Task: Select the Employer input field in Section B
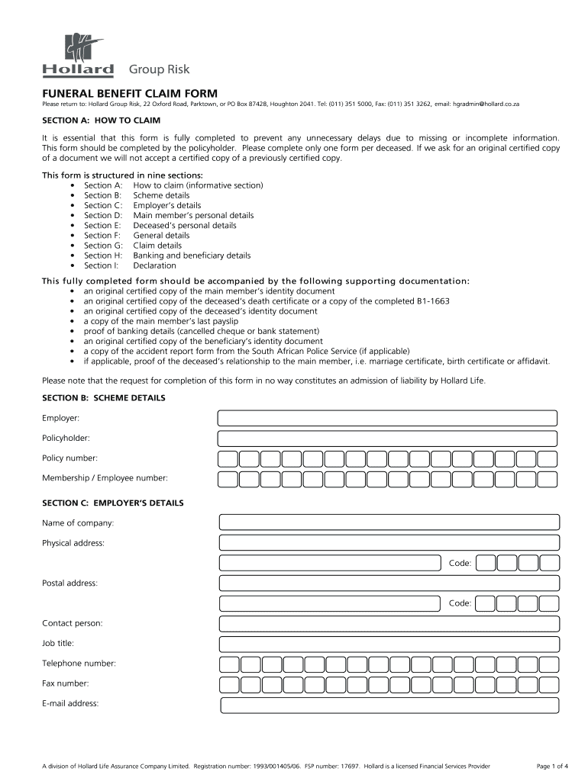tap(387, 418)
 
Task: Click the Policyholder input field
tap(387, 439)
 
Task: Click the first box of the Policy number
tap(227, 459)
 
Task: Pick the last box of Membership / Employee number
tap(547, 479)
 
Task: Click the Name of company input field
tap(389, 522)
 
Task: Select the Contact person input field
tap(389, 624)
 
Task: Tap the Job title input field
tap(389, 644)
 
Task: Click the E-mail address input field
tap(389, 705)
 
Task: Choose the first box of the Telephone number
tap(229, 664)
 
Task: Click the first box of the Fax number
tap(229, 684)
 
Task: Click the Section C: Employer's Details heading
tap(112, 503)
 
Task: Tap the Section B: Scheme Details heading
tap(103, 398)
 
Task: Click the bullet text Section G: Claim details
tap(132, 246)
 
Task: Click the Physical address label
tap(73, 543)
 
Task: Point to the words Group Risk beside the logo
tap(159, 70)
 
